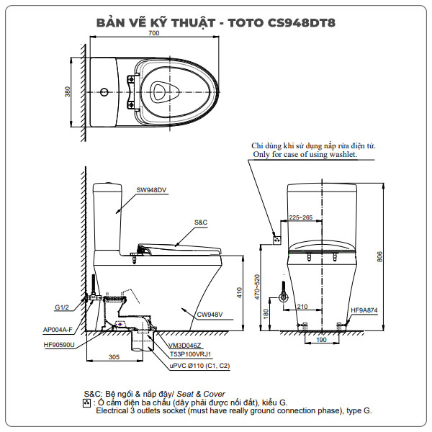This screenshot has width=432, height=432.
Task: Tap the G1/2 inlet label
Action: tap(63, 307)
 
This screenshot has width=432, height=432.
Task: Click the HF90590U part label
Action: tap(59, 345)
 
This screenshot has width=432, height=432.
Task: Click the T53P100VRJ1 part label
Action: tap(190, 354)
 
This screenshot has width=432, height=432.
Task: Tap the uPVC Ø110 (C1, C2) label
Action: tap(199, 365)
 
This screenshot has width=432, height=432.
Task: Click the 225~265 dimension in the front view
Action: tap(300, 216)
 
